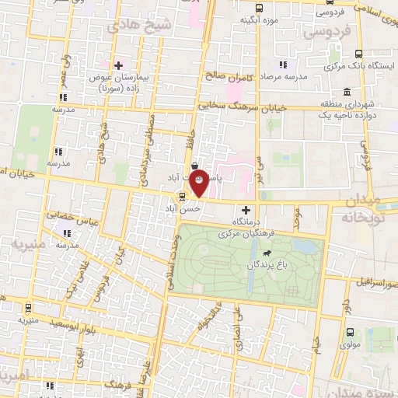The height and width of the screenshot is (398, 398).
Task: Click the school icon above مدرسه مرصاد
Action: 284,65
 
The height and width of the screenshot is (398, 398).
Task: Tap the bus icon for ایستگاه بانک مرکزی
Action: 358,54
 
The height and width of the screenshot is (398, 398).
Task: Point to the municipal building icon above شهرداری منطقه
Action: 346,92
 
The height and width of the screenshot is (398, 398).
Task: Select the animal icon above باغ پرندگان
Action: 267,253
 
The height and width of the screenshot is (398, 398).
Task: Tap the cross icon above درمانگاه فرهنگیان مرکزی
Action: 246,210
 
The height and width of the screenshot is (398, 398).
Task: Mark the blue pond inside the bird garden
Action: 306,247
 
